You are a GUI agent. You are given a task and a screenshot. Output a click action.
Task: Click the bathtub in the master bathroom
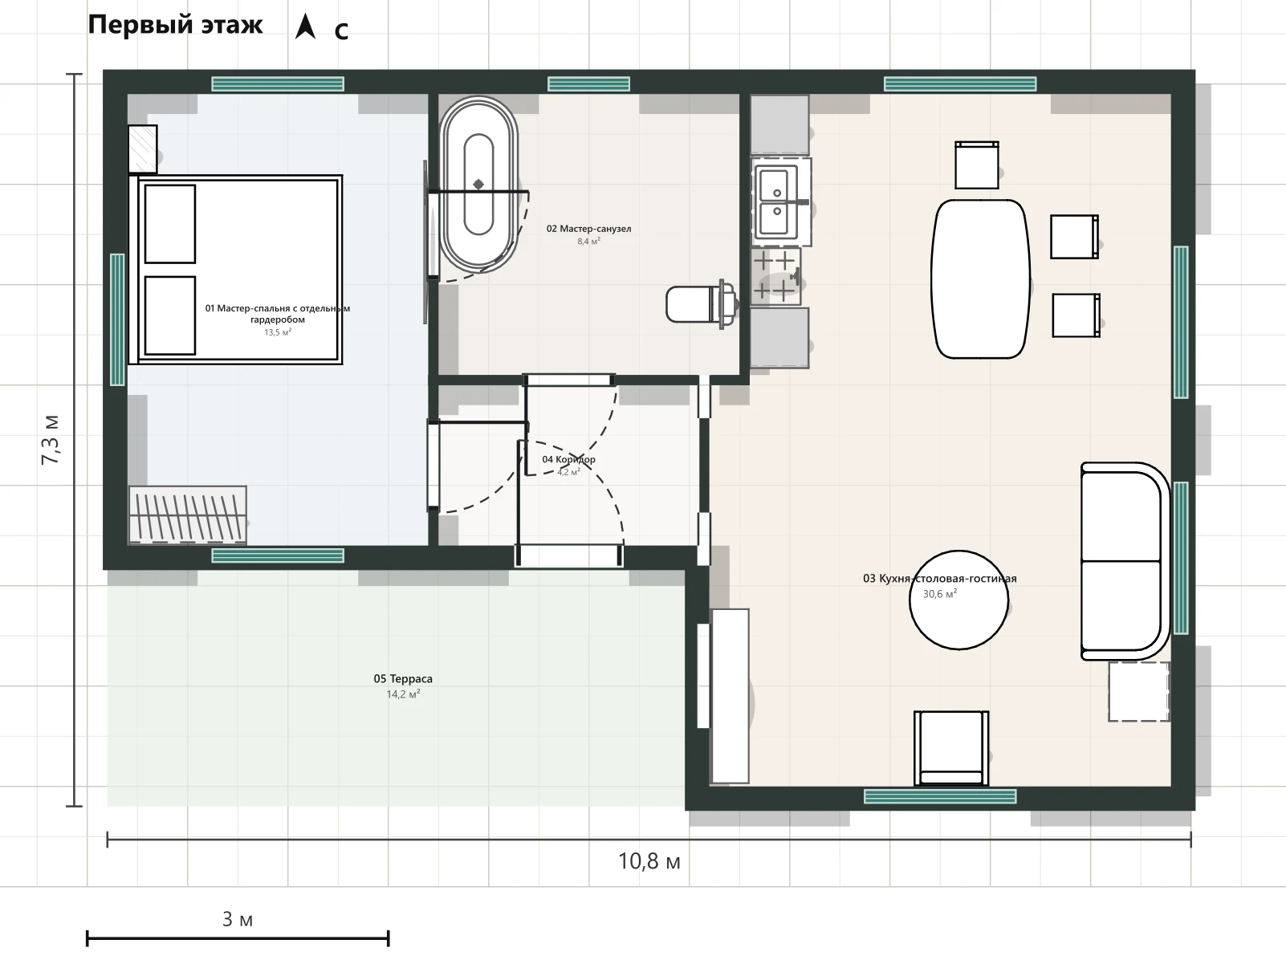[478, 185]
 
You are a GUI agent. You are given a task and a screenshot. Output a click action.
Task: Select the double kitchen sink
[777, 202]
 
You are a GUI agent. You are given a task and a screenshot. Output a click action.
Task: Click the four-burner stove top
[775, 276]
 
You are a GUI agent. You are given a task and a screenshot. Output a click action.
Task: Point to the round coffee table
[958, 600]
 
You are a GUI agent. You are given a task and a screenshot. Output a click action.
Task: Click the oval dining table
[980, 279]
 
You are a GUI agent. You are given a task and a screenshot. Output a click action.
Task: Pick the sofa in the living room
[1122, 561]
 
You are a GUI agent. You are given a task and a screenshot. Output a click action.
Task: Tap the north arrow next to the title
[305, 26]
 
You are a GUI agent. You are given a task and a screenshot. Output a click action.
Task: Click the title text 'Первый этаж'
[175, 25]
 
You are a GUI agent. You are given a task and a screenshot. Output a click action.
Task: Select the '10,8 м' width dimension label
[649, 861]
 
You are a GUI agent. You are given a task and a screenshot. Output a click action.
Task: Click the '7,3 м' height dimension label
[51, 440]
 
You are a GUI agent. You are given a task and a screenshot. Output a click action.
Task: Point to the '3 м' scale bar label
[238, 920]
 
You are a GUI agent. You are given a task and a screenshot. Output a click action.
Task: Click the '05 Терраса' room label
[403, 679]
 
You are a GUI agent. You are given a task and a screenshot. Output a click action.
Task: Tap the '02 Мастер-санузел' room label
[588, 229]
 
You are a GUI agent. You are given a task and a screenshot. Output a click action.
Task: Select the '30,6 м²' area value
[940, 594]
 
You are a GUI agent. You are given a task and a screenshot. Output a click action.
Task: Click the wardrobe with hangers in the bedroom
[188, 515]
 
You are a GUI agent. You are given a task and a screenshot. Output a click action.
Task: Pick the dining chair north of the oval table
[977, 165]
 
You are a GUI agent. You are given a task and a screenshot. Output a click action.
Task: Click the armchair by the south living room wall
[951, 748]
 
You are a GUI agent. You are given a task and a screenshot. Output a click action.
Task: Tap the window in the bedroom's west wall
[117, 319]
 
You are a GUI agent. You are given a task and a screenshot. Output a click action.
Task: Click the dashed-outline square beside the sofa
[1138, 691]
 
